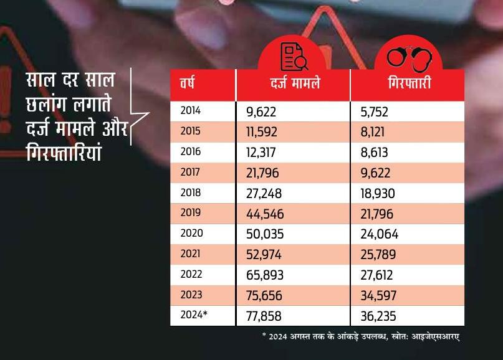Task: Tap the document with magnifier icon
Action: (293, 57)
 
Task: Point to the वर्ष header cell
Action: (188, 83)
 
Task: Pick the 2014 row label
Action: (190, 111)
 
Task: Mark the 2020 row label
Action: (191, 234)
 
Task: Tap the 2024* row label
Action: (193, 315)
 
